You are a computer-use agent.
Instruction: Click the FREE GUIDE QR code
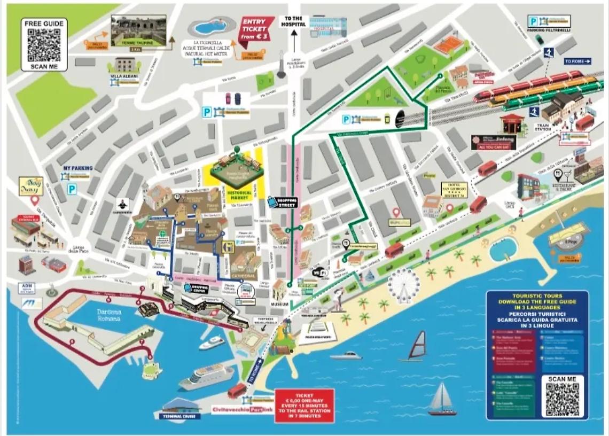tap(44, 45)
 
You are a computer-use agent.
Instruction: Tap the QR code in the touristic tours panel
tap(563, 400)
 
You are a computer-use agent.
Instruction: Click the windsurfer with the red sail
tap(417, 345)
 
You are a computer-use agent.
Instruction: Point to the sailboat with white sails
tap(442, 399)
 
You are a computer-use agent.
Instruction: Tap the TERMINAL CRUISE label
tap(179, 416)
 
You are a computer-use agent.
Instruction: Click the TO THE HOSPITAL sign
tap(293, 21)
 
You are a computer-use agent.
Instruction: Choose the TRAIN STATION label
tap(543, 128)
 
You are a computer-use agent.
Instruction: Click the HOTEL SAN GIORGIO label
tap(454, 189)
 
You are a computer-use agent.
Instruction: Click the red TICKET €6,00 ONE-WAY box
tap(304, 406)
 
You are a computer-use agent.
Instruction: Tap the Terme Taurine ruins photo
tap(138, 30)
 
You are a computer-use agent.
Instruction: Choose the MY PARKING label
tap(78, 168)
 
